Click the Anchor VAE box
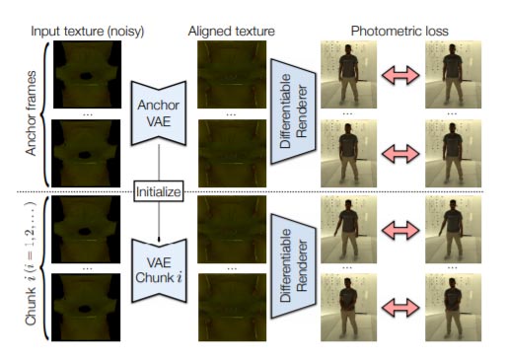[159, 112]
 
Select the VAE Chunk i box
[159, 270]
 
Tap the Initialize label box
[159, 191]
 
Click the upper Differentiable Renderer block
[293, 111]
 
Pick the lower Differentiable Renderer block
[293, 265]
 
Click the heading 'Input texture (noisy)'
[88, 32]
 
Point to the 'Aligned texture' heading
[232, 32]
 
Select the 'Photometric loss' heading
[399, 32]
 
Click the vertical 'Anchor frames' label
[31, 112]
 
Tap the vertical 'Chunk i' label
[31, 263]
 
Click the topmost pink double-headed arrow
[400, 75]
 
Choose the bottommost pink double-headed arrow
[400, 308]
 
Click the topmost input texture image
[87, 75]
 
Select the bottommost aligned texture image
[232, 307]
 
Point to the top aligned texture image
[232, 75]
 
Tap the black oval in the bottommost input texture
[85, 309]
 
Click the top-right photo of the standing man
[453, 75]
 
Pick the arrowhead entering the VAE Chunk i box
[159, 239]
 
